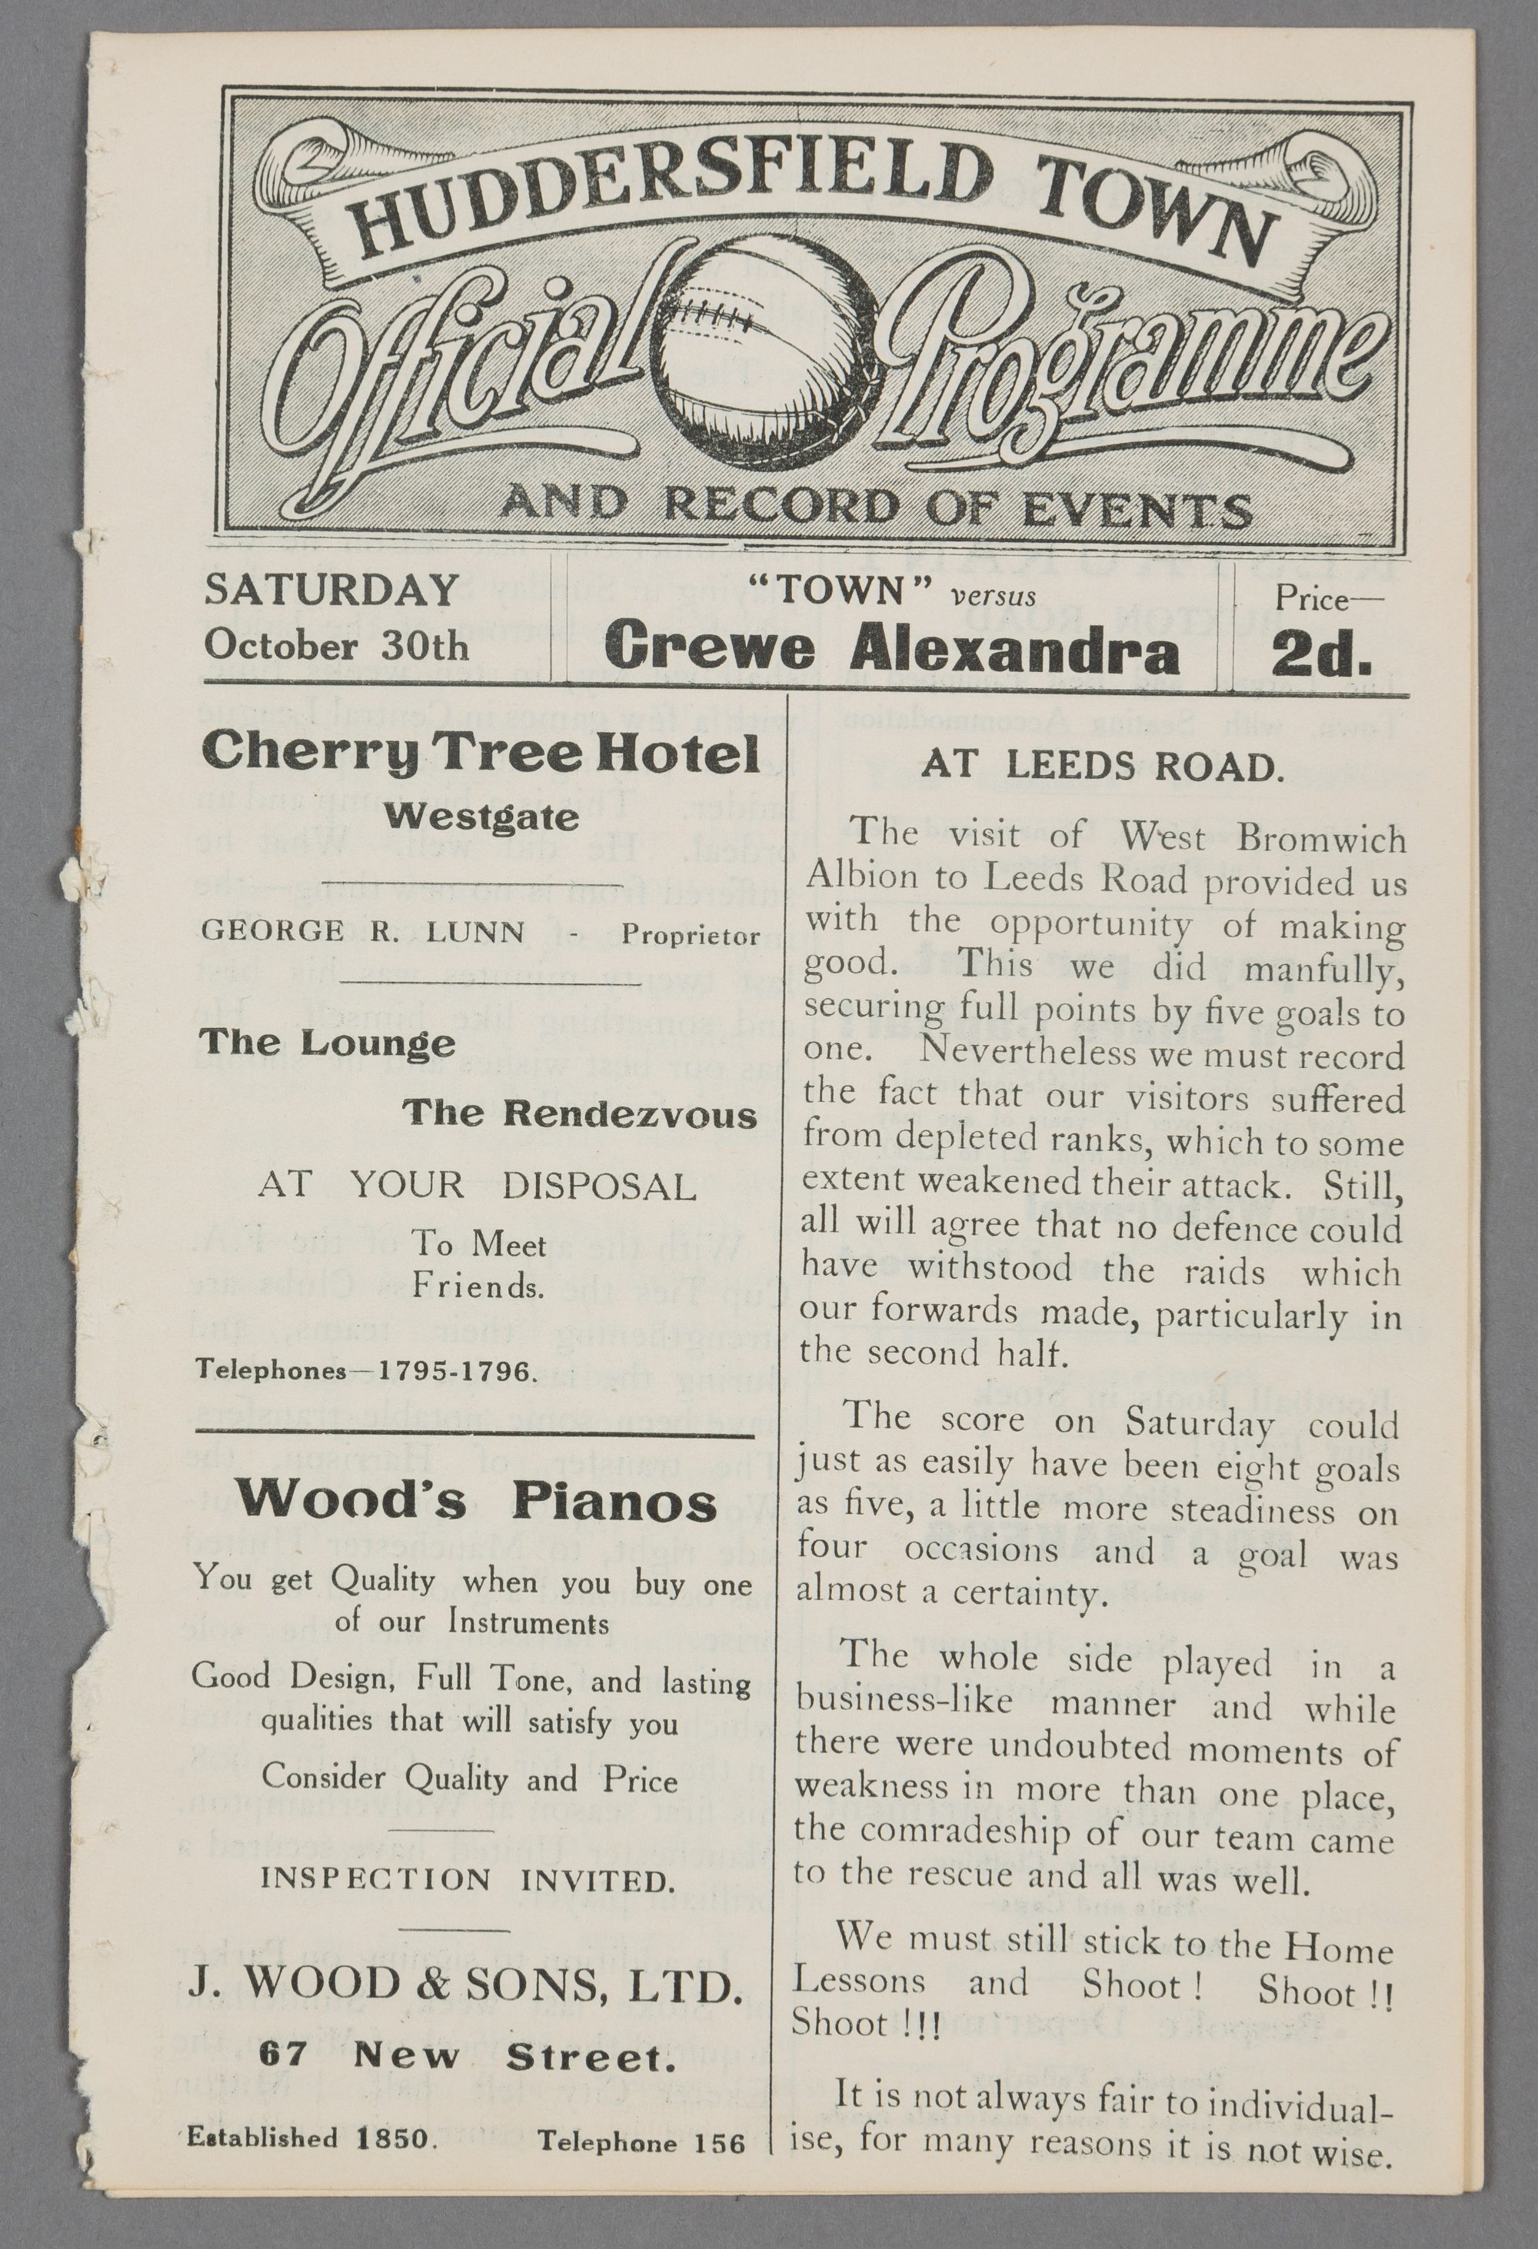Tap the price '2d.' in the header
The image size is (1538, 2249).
[1321, 654]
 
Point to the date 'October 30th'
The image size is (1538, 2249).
[336, 644]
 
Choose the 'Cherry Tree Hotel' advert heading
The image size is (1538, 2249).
[480, 752]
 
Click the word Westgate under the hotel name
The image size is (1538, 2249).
[481, 818]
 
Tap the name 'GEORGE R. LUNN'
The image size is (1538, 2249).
[363, 932]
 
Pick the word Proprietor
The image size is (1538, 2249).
[690, 935]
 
